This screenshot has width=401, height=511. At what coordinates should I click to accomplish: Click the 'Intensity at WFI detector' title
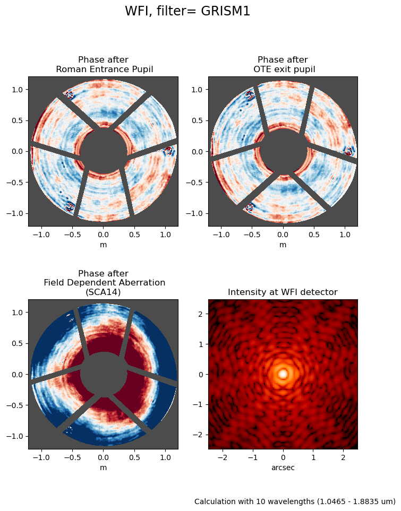(283, 292)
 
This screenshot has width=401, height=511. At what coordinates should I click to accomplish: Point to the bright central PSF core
(283, 374)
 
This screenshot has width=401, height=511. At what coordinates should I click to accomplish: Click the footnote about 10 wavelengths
(295, 501)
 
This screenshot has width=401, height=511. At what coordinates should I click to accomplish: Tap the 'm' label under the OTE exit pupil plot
(283, 245)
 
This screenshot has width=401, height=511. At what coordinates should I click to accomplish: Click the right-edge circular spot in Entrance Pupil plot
(168, 151)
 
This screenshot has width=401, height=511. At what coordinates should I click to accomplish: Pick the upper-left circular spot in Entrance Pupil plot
(69, 96)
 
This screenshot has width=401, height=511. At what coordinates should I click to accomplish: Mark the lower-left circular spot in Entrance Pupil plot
(69, 207)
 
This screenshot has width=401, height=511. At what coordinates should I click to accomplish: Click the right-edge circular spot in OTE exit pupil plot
(348, 151)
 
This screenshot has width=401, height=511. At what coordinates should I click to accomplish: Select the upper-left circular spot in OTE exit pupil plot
(249, 96)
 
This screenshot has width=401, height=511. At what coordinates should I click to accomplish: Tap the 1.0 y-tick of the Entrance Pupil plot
(18, 90)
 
